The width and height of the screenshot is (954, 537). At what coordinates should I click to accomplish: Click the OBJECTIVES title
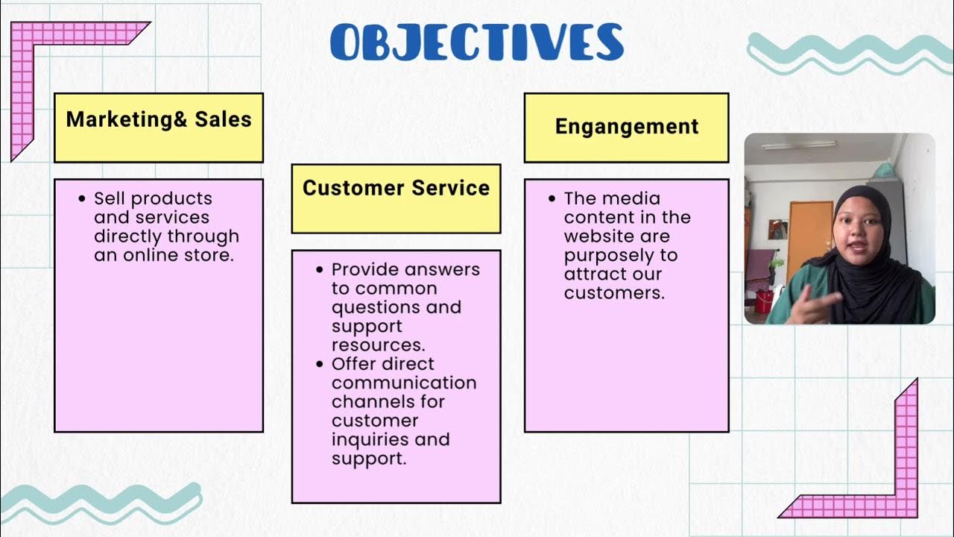pos(477,42)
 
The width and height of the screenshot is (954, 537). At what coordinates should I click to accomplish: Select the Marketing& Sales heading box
pos(159,128)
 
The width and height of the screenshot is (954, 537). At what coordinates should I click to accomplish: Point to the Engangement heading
pos(626,128)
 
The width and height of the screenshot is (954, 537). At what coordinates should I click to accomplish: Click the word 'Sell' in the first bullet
pos(109,199)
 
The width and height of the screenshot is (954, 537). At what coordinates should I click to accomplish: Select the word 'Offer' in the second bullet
pos(354,364)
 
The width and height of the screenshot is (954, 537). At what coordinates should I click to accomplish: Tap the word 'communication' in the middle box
pos(404,383)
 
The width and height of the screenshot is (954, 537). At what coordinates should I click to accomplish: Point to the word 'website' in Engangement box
pos(596,236)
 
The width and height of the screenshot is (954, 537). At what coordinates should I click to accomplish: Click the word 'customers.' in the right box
pos(613,293)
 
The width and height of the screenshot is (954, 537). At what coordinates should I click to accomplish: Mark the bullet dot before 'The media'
pos(552,199)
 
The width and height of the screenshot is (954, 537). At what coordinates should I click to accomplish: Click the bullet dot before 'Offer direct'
pos(320,364)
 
